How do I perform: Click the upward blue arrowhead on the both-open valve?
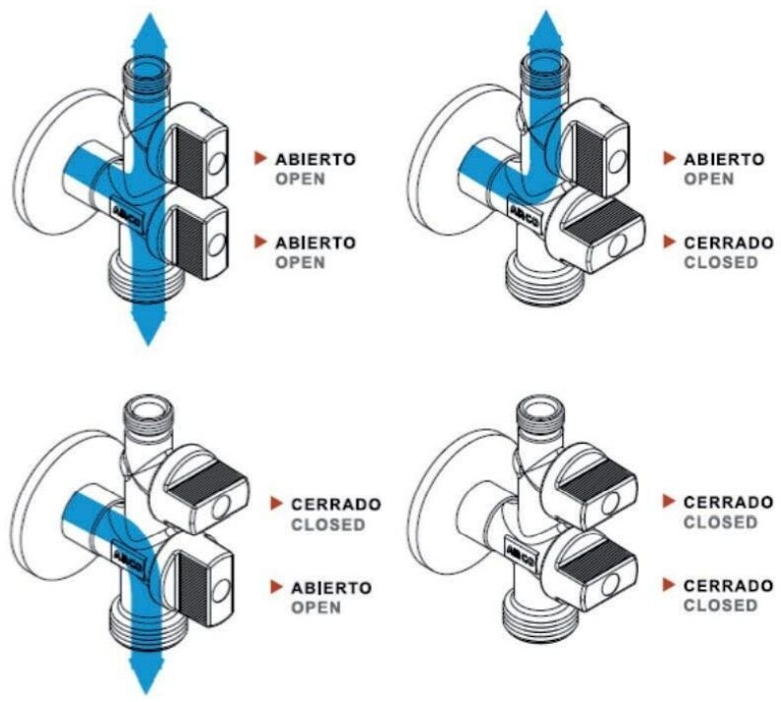tap(149, 33)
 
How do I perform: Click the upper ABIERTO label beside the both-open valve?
tap(316, 160)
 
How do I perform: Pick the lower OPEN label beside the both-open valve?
tap(301, 262)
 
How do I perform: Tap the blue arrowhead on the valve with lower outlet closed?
tap(545, 31)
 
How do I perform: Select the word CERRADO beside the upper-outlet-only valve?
tap(729, 243)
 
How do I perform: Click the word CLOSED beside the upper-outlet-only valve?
tap(721, 262)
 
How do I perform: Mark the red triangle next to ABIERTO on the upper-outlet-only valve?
tap(670, 159)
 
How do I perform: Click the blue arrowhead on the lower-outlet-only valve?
tap(147, 673)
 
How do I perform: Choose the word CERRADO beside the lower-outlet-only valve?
tap(336, 505)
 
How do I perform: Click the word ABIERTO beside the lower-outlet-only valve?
tap(331, 588)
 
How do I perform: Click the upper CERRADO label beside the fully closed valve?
tap(728, 503)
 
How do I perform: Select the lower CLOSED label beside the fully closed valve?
tap(720, 606)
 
